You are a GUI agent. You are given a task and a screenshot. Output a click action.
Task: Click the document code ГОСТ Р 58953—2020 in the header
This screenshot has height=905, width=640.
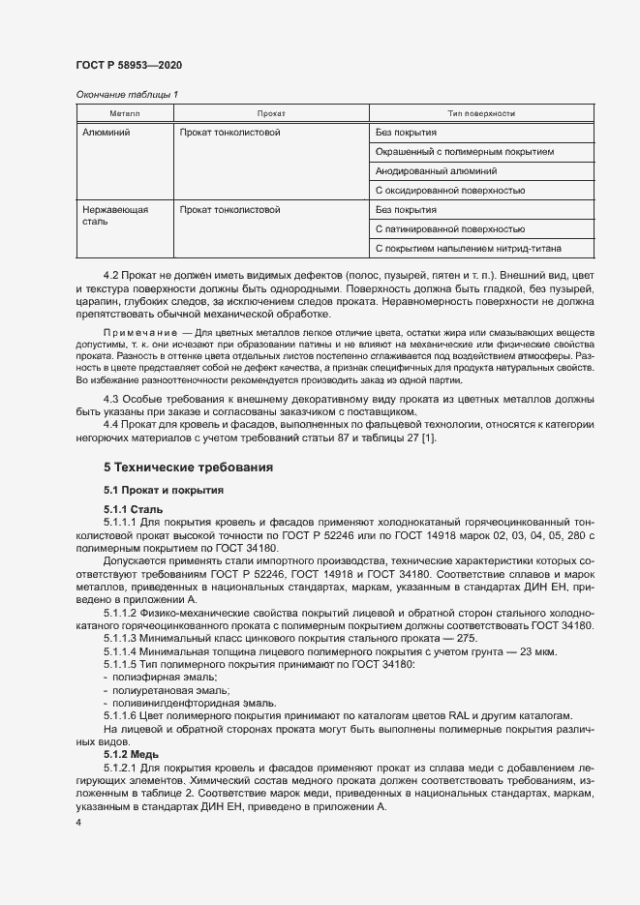click(x=128, y=65)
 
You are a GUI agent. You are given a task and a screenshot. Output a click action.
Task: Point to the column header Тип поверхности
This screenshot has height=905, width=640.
click(x=480, y=114)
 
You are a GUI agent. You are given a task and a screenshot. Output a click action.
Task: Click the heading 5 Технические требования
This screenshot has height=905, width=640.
click(x=188, y=468)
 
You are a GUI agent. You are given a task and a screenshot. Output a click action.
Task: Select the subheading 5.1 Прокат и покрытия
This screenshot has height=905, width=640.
click(x=164, y=491)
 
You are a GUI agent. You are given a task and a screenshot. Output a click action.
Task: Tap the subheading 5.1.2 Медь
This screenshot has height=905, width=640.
click(x=132, y=753)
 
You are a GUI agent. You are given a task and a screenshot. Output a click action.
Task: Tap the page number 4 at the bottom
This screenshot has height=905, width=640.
click(x=78, y=822)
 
